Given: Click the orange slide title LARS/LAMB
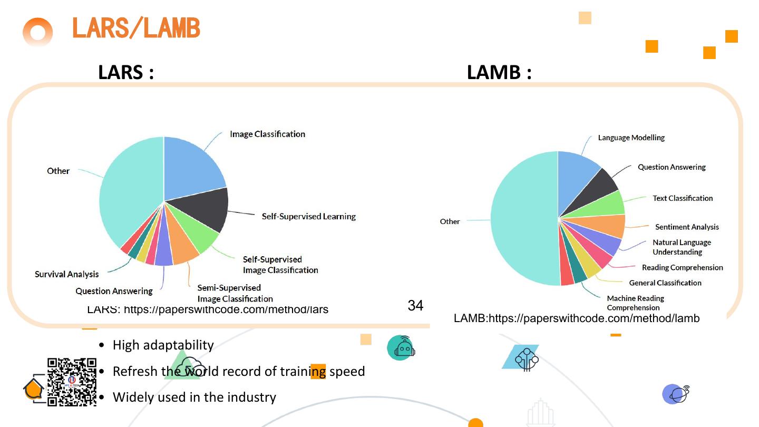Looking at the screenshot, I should pos(136,28).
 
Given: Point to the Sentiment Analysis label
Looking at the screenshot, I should pos(687,227).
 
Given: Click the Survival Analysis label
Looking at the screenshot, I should pos(66,274).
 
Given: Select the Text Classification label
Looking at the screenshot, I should pos(683,198).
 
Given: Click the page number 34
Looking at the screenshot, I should pos(415,305).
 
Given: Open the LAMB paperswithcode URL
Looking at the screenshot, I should pos(577,318).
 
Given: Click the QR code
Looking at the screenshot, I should pos(72,382).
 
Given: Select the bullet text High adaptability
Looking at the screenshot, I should pos(163,345).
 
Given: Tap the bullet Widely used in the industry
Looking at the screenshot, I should pos(194,397).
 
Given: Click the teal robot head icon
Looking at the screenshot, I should pos(402,348).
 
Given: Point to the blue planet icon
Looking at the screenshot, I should pos(675,394).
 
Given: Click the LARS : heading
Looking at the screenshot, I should pos(126,72).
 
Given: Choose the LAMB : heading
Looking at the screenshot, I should pos(499,72).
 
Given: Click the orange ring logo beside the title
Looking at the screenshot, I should pos(38,33).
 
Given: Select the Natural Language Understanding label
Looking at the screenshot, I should pos(682,247).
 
